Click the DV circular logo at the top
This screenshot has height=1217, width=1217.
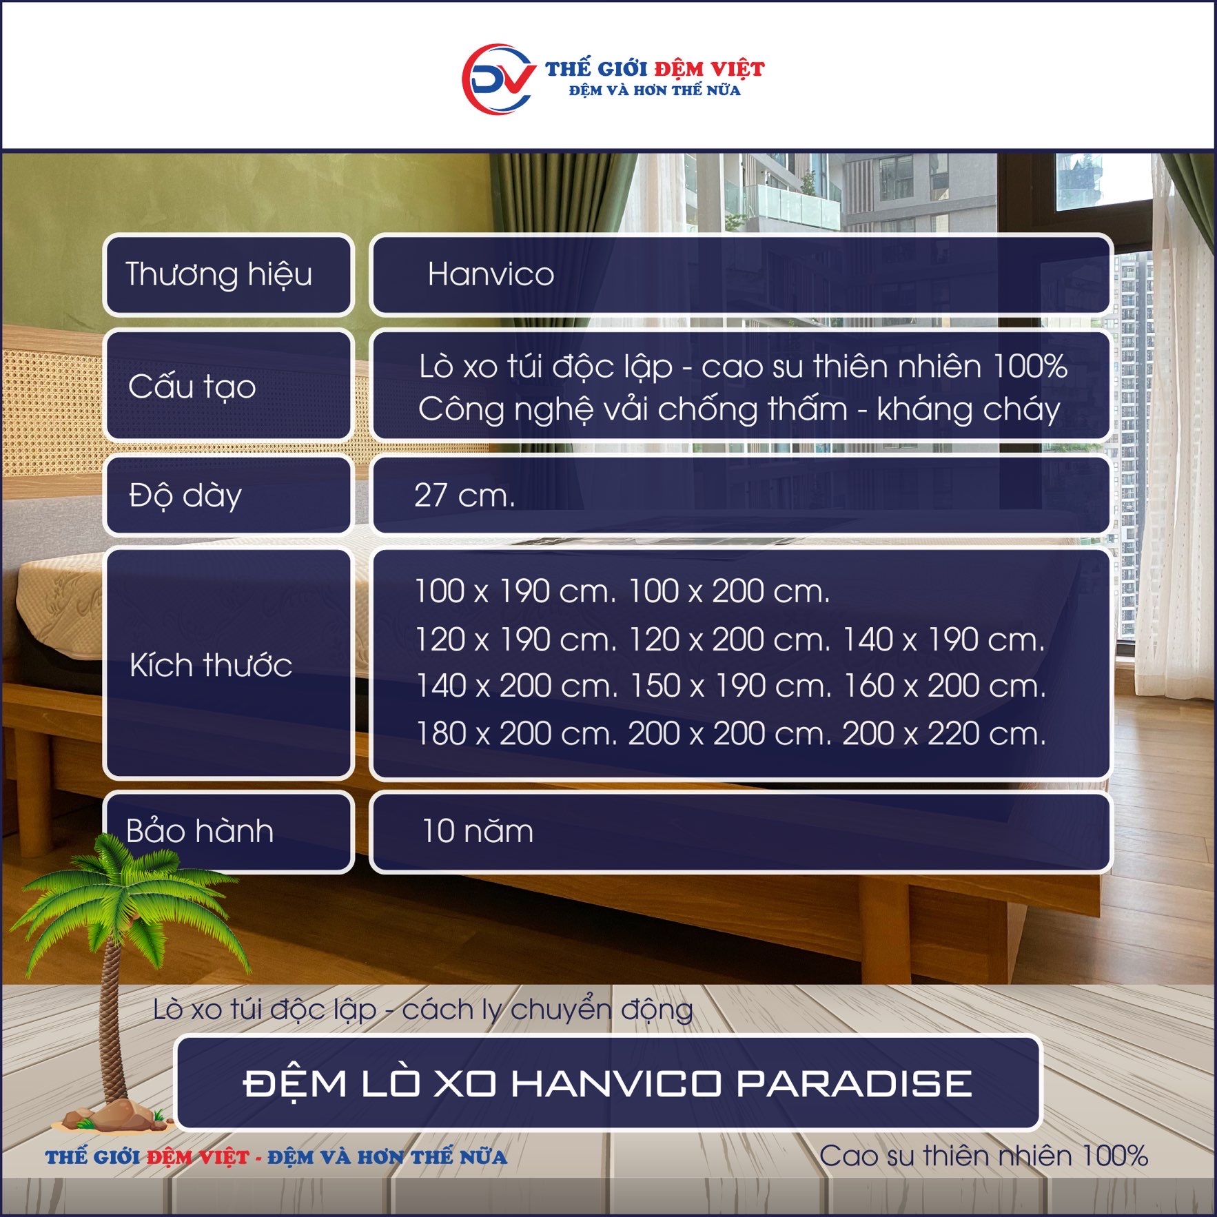pos(498,79)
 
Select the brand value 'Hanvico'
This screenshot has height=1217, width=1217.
pos(491,274)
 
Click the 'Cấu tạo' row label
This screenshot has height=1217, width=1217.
pos(192,386)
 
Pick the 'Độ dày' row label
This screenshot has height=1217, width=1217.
pos(185,495)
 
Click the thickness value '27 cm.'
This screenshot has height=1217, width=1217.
pos(464,495)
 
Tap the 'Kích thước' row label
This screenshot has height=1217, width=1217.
pos(211,665)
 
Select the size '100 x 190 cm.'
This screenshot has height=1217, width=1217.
pos(515,591)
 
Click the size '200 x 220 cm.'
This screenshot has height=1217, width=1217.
pos(944,734)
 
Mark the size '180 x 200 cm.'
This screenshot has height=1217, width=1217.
pos(516,734)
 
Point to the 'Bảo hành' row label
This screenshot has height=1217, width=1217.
pos(200,830)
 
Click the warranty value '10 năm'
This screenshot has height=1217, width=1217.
pos(478,831)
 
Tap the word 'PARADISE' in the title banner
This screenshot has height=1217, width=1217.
pos(855,1084)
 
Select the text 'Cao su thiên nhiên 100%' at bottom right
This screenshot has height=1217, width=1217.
pos(983,1156)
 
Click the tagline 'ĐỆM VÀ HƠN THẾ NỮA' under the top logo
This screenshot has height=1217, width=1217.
pos(655,90)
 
